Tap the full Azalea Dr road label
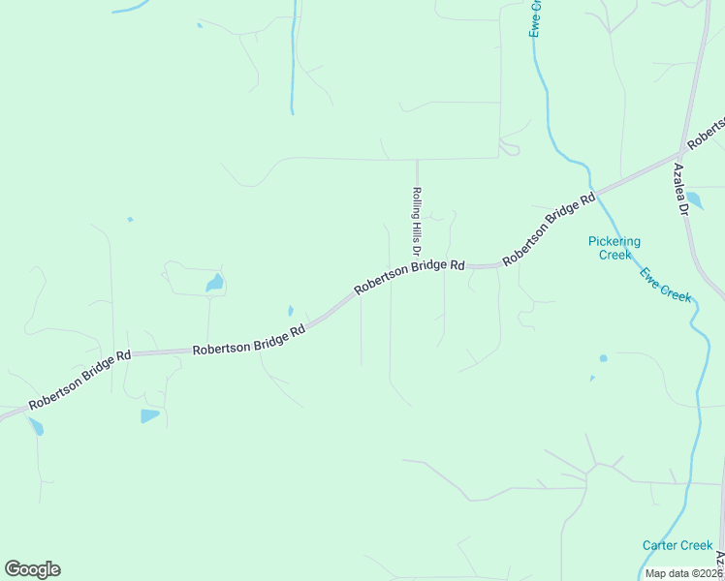[x=680, y=189]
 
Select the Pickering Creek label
[x=615, y=248]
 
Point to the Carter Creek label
[x=678, y=545]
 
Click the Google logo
[x=32, y=569]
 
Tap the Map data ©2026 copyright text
[x=682, y=573]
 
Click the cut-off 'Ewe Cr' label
[x=534, y=18]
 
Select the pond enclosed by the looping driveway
[x=213, y=284]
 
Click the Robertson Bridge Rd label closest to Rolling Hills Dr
[x=409, y=276]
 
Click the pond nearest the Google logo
[x=36, y=426]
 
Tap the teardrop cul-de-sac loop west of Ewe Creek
[x=511, y=148]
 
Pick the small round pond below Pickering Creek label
[x=603, y=358]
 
